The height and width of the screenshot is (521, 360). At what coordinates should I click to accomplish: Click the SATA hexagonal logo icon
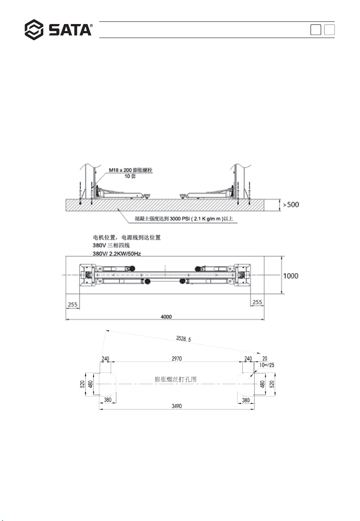pyautogui.click(x=34, y=30)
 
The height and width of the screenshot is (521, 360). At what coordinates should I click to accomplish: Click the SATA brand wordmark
pyautogui.click(x=70, y=30)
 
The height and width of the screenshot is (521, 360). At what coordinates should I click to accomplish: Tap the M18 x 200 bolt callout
pyautogui.click(x=131, y=170)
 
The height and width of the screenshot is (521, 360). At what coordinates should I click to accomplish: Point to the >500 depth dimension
pyautogui.click(x=291, y=205)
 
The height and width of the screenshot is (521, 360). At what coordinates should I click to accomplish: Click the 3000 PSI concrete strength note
pyautogui.click(x=184, y=219)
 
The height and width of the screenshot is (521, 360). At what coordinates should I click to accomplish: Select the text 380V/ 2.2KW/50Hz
pyautogui.click(x=117, y=254)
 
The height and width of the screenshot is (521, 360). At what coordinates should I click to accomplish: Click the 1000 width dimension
pyautogui.click(x=290, y=276)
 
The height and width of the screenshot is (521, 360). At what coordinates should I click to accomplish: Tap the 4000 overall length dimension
pyautogui.click(x=166, y=316)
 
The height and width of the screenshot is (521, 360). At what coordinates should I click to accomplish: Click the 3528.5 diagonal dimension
pyautogui.click(x=183, y=339)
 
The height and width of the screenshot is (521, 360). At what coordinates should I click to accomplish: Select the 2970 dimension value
pyautogui.click(x=177, y=358)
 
